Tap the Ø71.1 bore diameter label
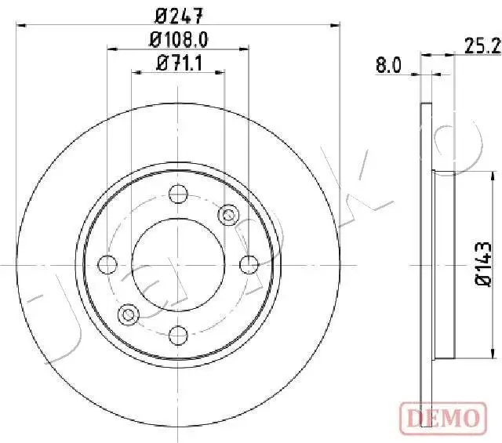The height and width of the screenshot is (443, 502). click(180, 64)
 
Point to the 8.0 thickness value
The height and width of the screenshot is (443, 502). click(388, 67)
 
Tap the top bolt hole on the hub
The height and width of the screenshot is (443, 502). click(178, 192)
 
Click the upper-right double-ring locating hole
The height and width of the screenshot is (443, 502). click(228, 212)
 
